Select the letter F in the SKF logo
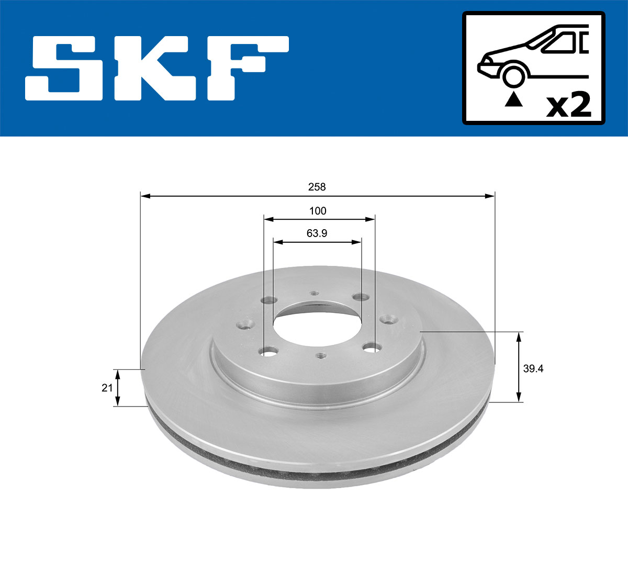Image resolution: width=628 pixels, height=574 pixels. pyautogui.click(x=246, y=67)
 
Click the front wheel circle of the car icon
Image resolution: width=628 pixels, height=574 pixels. pyautogui.click(x=513, y=75)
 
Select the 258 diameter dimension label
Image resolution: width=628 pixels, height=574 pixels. pyautogui.click(x=317, y=187)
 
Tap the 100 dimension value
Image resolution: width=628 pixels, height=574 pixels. pyautogui.click(x=318, y=211)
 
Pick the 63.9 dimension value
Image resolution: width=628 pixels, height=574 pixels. pyautogui.click(x=317, y=233)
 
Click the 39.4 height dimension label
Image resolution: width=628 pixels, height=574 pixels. pyautogui.click(x=533, y=368)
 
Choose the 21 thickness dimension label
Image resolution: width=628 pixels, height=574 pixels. pyautogui.click(x=107, y=388)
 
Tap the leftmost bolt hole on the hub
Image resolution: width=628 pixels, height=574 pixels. pyautogui.click(x=244, y=324)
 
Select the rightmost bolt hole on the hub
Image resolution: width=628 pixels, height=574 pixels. pyautogui.click(x=388, y=318)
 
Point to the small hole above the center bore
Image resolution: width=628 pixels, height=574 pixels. pyautogui.click(x=313, y=293)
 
